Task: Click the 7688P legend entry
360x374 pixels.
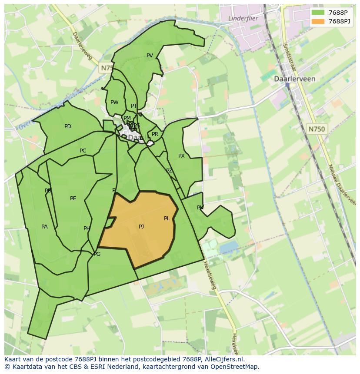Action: [337, 13]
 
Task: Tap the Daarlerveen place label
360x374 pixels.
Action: [294, 79]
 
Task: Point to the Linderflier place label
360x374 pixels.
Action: [243, 18]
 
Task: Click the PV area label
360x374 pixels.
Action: [150, 56]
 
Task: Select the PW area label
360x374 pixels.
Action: [114, 103]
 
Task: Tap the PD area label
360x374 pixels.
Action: [68, 127]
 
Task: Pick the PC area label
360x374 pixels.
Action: [83, 151]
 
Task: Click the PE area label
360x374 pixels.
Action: [73, 199]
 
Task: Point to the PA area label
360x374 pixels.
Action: [44, 227]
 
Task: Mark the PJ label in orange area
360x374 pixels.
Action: [141, 227]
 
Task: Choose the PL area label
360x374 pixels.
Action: [167, 218]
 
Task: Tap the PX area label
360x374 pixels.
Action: [181, 156]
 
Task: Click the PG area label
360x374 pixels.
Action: [97, 254]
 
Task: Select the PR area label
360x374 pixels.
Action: [155, 135]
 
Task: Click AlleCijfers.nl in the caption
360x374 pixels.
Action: [223, 360]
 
